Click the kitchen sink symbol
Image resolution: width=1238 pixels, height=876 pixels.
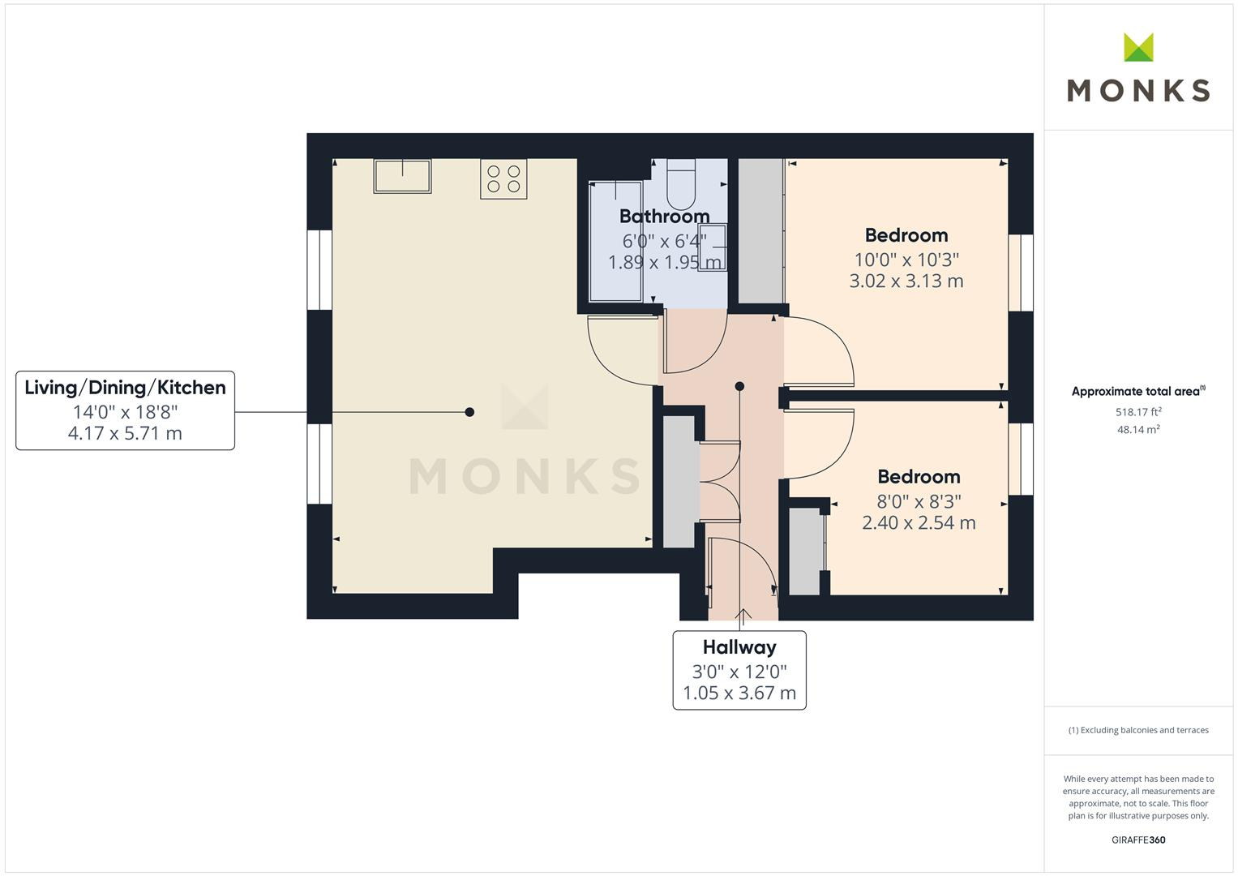[402, 176]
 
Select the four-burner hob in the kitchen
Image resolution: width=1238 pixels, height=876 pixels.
[503, 179]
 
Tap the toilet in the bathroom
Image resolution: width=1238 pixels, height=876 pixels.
[681, 183]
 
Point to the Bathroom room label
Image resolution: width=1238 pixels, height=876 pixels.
[664, 217]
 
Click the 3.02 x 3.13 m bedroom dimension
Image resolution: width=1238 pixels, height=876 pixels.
[906, 281]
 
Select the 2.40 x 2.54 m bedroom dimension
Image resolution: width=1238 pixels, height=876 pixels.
[918, 523]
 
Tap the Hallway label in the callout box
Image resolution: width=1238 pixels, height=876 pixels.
[739, 647]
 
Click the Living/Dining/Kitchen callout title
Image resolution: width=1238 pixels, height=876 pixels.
[125, 388]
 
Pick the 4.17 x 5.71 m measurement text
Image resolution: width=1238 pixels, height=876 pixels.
[125, 433]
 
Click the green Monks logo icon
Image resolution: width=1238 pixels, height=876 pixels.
[1138, 48]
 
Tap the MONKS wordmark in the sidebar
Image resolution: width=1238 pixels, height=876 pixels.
[1138, 90]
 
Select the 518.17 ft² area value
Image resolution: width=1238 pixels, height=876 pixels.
[1138, 412]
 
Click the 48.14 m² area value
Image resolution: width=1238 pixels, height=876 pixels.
[1138, 430]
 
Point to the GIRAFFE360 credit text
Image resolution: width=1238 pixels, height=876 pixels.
[1138, 839]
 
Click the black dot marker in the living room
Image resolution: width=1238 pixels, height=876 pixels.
[469, 412]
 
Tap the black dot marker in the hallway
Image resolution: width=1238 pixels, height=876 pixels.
[739, 387]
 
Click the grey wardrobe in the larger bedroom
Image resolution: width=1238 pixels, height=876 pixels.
[760, 231]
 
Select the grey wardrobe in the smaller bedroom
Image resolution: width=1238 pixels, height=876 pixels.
[805, 552]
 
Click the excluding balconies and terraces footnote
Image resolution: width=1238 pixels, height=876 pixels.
[1138, 730]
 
